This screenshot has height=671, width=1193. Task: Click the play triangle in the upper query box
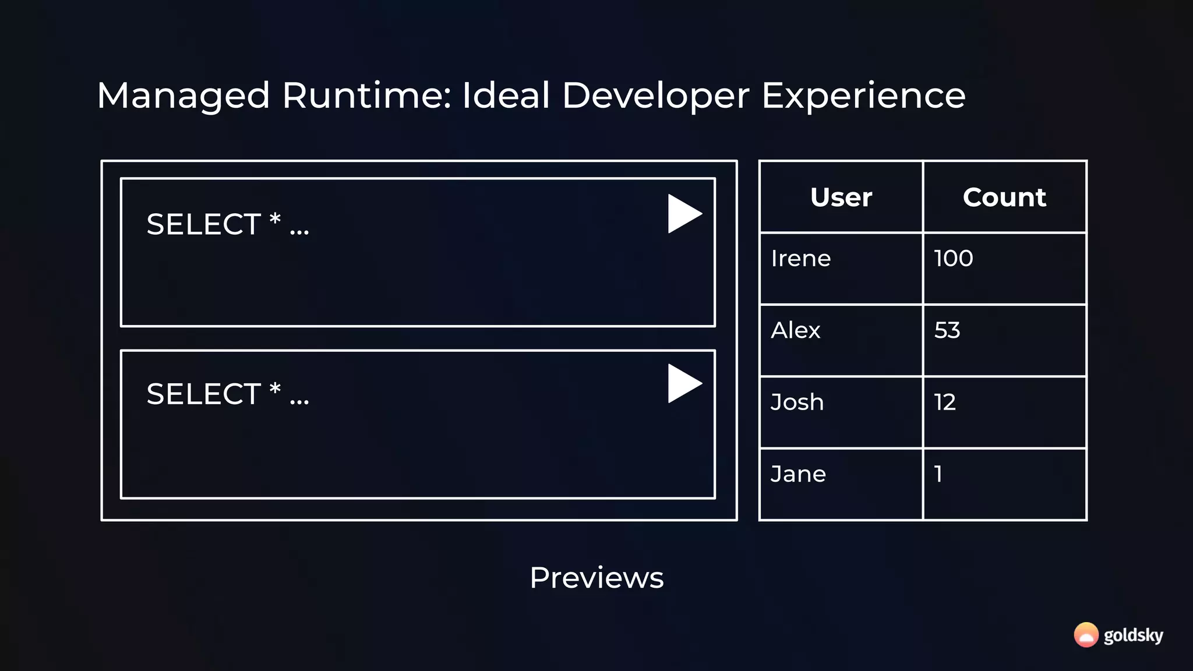(683, 214)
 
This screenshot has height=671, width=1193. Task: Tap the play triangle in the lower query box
(683, 383)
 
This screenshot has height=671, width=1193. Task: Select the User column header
(841, 197)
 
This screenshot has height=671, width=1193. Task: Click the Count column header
(1004, 197)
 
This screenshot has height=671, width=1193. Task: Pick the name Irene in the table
(801, 259)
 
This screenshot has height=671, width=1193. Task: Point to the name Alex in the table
(796, 330)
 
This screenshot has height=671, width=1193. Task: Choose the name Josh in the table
(797, 402)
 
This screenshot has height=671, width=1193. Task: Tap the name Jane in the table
(798, 474)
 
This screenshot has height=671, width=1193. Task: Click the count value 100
(954, 259)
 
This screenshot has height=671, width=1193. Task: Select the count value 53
(947, 330)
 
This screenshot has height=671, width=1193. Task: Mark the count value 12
(945, 402)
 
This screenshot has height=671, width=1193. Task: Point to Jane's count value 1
(938, 474)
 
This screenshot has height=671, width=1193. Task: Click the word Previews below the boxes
(596, 578)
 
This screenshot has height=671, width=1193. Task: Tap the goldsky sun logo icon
(1086, 635)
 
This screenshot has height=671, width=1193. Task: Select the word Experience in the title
(863, 96)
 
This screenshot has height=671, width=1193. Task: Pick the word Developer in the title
(655, 96)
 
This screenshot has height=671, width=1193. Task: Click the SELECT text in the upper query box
(203, 224)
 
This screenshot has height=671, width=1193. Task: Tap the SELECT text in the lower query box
(203, 394)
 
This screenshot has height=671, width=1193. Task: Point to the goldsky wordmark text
(1134, 635)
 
